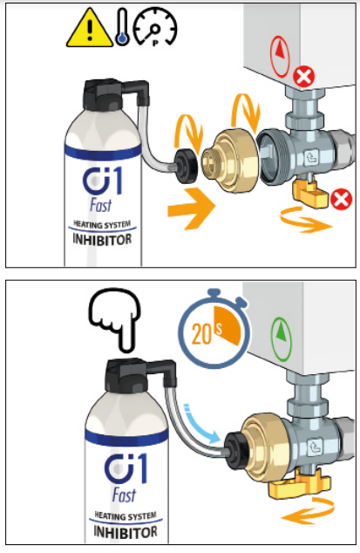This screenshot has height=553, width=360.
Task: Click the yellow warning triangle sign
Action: tap(90, 30)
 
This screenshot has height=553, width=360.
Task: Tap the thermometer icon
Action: tap(122, 28)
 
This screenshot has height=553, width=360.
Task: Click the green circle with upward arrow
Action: tap(281, 339)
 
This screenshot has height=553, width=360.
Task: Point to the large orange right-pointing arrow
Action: tap(191, 208)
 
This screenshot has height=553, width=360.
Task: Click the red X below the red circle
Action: tap(304, 77)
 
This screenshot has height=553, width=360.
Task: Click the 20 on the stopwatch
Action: tap(201, 334)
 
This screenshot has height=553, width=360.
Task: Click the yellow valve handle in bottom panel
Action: tap(301, 484)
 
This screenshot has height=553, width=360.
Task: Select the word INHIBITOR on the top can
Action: tap(102, 240)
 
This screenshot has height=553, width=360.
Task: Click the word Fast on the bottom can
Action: tap(124, 495)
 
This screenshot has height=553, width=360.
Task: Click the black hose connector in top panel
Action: tap(187, 166)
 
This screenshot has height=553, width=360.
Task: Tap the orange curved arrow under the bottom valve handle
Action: tap(308, 510)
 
